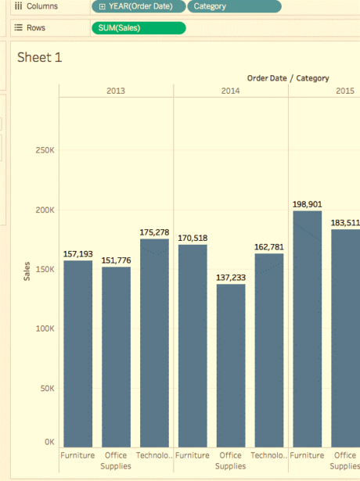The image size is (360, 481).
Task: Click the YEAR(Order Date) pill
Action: [139, 6]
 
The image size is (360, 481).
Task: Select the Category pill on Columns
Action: [234, 6]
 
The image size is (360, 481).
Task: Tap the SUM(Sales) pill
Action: [139, 28]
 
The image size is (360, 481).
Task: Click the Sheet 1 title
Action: [39, 58]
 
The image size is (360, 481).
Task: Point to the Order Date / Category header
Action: [288, 78]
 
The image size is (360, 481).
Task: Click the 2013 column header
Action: [116, 91]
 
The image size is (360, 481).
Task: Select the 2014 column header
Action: [231, 91]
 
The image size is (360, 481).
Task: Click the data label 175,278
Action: [154, 232]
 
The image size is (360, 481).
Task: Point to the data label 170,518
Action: [193, 238]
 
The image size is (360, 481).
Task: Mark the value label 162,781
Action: [269, 247]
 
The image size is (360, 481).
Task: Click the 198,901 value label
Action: [308, 204]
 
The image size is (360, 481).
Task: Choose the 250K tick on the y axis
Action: [45, 149]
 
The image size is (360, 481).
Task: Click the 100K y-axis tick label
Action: [45, 328]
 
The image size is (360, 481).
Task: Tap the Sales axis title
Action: [27, 271]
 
